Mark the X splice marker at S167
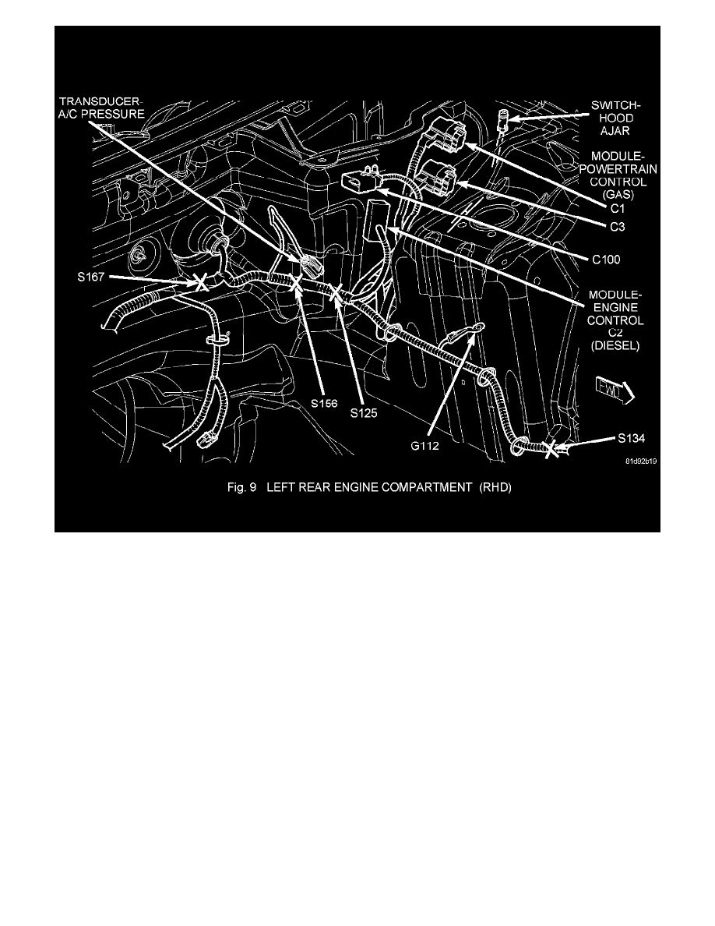coord(200,282)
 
